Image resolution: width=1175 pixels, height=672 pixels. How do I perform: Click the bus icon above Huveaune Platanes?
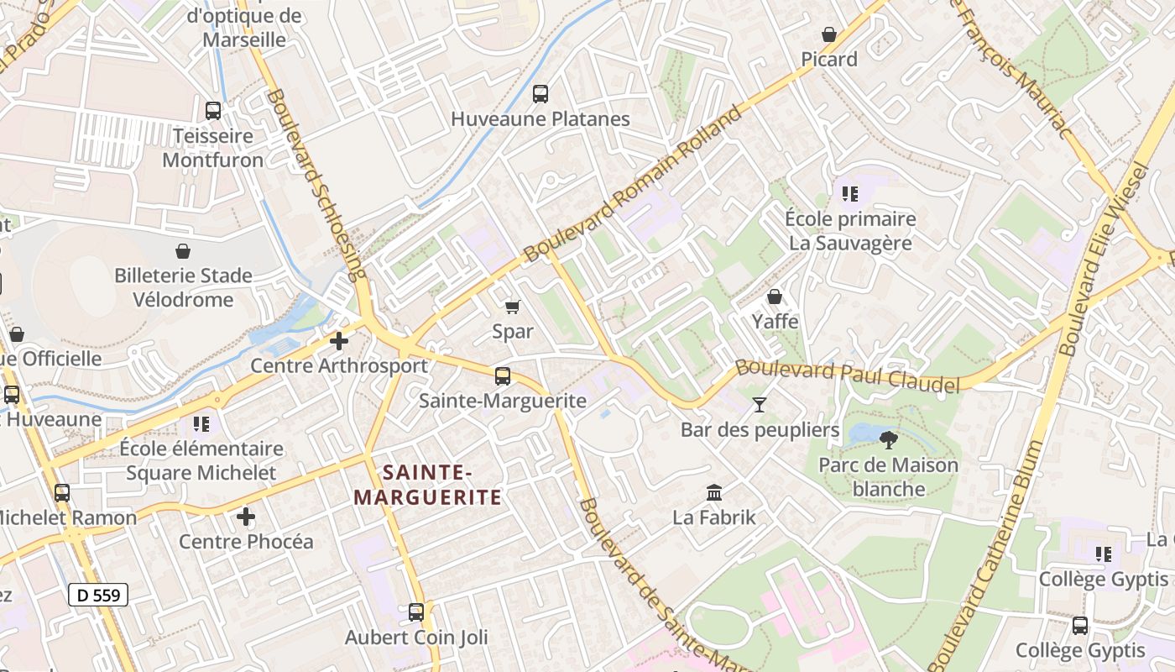coord(540,94)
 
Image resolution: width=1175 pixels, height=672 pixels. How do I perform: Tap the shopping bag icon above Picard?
coord(829,34)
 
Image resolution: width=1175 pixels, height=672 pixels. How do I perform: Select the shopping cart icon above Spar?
coord(512,307)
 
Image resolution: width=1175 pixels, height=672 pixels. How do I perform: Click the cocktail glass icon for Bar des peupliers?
coord(760,405)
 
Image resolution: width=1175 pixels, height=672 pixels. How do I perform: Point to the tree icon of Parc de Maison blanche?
coord(888,439)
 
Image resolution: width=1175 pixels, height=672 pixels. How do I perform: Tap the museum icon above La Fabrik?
coord(714,492)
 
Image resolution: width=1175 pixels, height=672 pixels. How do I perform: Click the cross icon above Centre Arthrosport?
coord(339,341)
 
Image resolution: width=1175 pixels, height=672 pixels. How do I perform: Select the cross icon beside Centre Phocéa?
coord(246,517)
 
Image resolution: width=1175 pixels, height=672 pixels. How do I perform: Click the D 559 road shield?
coord(97,596)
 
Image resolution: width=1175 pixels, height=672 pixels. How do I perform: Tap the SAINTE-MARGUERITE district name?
coord(428,485)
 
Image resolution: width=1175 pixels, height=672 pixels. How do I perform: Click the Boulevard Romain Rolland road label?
coord(634,184)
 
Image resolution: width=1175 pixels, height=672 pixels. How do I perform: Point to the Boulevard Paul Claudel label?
coord(848,376)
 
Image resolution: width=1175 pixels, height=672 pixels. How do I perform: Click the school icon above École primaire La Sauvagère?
coord(850,194)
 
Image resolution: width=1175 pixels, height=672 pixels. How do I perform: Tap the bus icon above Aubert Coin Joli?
coord(416,612)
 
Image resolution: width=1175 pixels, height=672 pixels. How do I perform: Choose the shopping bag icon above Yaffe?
coord(775,297)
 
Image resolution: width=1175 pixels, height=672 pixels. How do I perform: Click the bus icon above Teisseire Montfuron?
coord(213,110)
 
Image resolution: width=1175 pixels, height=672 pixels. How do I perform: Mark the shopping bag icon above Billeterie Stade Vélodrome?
coord(183,250)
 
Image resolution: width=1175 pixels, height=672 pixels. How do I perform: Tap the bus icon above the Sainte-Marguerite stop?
coord(503,376)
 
